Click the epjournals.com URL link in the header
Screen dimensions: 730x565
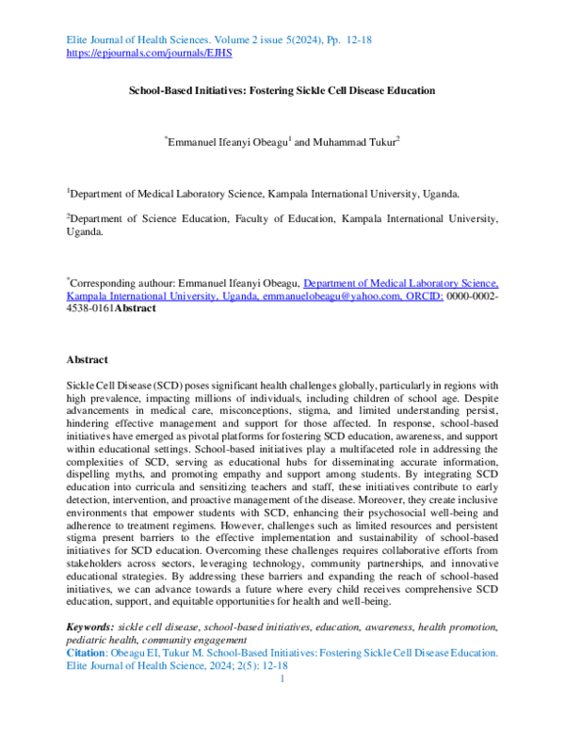[x=150, y=54]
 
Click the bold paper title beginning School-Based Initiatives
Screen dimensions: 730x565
[x=282, y=90]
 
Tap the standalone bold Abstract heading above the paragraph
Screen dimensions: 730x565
[x=87, y=359]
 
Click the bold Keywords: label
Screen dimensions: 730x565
[x=89, y=627]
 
